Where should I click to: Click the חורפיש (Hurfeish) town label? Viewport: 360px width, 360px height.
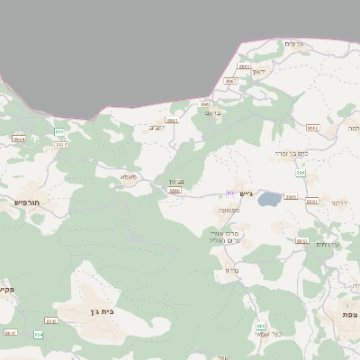pos(28,202)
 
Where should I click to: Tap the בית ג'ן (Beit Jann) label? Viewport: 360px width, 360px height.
pos(101,311)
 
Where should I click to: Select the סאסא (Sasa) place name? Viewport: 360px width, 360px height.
pos(128,177)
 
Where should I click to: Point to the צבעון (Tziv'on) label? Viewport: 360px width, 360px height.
pos(177,182)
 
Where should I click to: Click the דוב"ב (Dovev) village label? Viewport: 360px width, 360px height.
pos(157,127)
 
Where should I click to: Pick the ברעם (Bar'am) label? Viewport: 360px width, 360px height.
pos(213,112)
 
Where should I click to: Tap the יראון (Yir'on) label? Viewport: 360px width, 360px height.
pos(259,70)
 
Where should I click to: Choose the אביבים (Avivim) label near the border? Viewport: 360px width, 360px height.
pos(295,44)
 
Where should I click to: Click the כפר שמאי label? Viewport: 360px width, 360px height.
pos(268,335)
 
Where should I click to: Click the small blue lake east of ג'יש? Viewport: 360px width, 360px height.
pos(269,200)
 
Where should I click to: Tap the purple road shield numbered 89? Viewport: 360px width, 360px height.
pos(230,193)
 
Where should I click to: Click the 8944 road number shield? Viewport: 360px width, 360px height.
pos(19,139)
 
